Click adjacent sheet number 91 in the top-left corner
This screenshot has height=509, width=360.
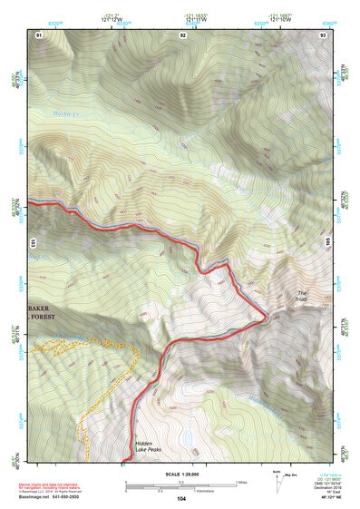coord(39,34)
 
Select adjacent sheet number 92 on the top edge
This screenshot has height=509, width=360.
coord(182,34)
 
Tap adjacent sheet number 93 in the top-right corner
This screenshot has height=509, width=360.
coord(324,34)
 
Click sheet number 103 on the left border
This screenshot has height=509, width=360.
coord(33,243)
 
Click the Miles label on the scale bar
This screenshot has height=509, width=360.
coord(241,481)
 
